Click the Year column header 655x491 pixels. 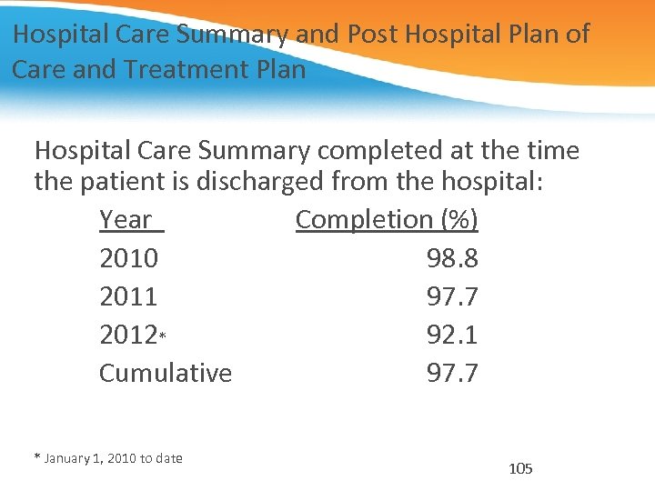click(126, 220)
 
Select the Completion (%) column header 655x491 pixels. click(387, 220)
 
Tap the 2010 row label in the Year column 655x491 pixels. click(128, 258)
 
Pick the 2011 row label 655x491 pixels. click(128, 296)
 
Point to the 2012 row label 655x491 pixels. click(128, 335)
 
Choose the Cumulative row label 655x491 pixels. click(166, 373)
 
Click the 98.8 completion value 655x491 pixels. click(452, 258)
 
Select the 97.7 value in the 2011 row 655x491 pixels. click(452, 296)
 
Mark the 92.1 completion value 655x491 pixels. click(452, 335)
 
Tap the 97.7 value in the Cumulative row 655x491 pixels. click(452, 373)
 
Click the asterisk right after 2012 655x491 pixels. click(162, 336)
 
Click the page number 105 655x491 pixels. click(520, 469)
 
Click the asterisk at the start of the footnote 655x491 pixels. click(37, 457)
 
